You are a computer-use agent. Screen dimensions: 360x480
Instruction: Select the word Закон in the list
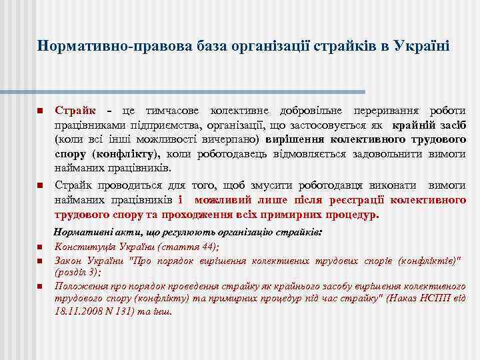(67, 260)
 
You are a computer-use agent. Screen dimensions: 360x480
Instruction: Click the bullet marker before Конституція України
(40, 248)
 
